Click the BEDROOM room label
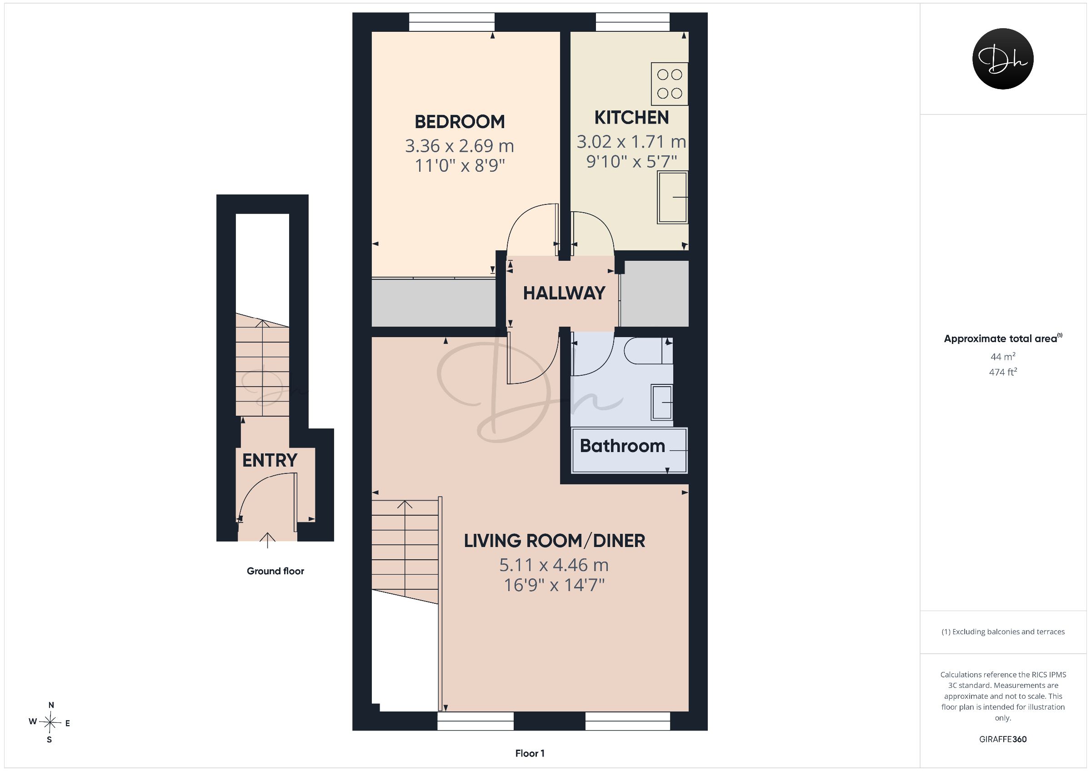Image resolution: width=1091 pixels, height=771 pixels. (460, 122)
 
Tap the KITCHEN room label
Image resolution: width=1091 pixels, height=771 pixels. (631, 117)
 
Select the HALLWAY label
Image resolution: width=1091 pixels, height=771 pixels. (564, 293)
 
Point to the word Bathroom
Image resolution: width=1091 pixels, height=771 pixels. (622, 446)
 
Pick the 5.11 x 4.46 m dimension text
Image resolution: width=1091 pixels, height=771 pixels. (554, 565)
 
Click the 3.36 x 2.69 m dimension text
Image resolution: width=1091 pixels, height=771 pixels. (460, 146)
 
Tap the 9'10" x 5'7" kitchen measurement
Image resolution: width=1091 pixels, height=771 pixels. (631, 162)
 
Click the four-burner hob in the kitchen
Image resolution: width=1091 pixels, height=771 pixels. (670, 84)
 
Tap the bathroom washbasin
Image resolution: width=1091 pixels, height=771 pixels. (662, 403)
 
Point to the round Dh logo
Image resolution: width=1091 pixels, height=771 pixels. (1003, 59)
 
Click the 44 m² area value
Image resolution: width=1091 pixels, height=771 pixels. (1003, 356)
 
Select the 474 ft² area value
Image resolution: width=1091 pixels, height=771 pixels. (1003, 372)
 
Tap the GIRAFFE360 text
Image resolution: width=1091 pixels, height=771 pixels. (1003, 739)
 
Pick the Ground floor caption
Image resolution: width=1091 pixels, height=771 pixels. (275, 571)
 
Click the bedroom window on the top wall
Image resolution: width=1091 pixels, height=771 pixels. (451, 22)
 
